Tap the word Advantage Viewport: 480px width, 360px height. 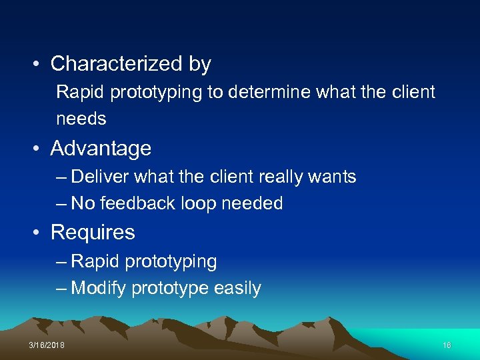(x=101, y=148)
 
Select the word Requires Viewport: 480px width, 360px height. (x=93, y=232)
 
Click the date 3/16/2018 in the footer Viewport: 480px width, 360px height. (x=47, y=345)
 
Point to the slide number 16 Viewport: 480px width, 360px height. (x=447, y=345)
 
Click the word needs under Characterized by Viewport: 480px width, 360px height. (x=81, y=119)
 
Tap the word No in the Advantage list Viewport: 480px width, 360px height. (x=83, y=203)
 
